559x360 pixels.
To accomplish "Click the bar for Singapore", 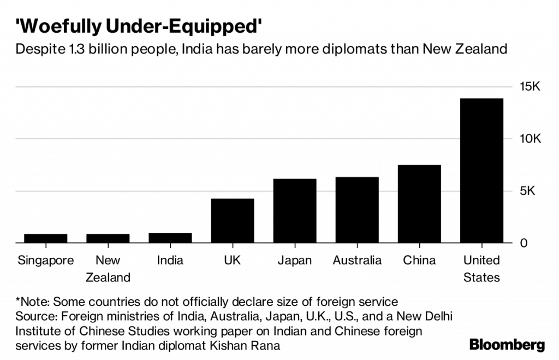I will click(45, 238).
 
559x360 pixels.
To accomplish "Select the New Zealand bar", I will click(108, 238).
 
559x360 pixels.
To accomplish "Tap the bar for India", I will click(170, 238).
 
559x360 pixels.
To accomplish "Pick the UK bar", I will click(232, 221).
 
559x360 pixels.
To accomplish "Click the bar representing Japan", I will click(295, 211).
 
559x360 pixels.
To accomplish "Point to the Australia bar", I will click(357, 210).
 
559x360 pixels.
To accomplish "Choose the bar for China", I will click(419, 204).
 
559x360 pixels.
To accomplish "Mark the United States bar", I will click(481, 170).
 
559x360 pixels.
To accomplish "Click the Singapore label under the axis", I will click(45, 260).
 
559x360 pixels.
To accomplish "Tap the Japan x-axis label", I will click(295, 260).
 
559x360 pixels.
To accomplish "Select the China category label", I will click(419, 260).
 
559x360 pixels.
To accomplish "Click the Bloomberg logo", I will click(507, 344).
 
